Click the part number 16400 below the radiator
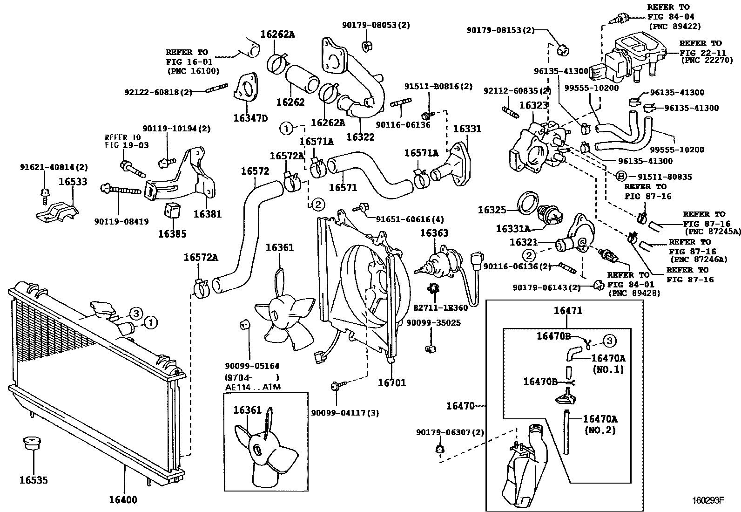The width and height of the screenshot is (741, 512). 123,500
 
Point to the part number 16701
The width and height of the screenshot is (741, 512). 391,382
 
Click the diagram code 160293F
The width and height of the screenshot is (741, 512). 707,501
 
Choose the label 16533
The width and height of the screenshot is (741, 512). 73,182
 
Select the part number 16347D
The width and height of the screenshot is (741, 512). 250,118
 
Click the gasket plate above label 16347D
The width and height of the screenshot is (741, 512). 245,93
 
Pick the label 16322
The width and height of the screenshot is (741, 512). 360,137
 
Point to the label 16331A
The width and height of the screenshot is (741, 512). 512,229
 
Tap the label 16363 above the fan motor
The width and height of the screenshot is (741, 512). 434,233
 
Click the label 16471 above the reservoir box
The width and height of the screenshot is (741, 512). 567,311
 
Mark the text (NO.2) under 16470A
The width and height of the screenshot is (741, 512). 600,430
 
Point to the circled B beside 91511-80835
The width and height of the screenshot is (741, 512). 620,177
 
